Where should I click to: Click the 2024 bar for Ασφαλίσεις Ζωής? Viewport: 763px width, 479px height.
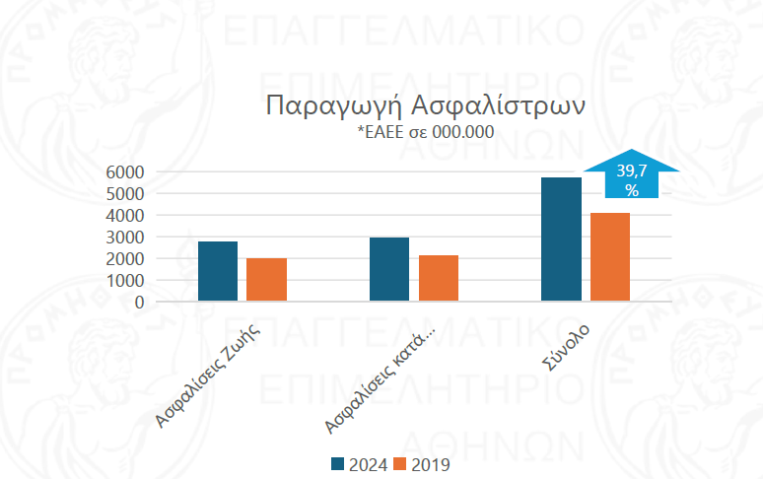point(218,271)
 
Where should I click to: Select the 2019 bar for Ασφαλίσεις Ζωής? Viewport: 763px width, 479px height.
point(266,280)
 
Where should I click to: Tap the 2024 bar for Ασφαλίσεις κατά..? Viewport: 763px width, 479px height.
point(389,269)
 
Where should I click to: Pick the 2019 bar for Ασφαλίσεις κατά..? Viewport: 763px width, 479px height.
point(439,278)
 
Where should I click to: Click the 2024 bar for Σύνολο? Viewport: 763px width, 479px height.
point(562,239)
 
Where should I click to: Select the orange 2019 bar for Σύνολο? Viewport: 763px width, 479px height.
point(610,257)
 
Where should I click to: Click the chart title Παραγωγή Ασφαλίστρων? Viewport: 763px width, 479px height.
point(427,105)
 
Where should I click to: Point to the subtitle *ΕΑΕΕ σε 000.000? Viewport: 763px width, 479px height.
point(426,132)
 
